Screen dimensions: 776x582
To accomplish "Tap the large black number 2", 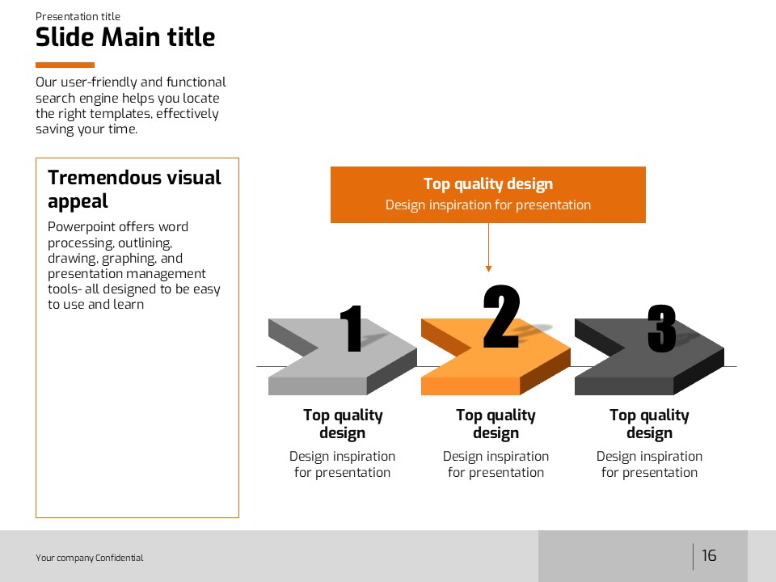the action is tap(501, 316).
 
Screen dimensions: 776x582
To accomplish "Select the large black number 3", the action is tap(662, 329).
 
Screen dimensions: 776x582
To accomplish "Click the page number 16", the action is tap(709, 555).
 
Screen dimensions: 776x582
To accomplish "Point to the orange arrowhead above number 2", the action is tap(488, 268).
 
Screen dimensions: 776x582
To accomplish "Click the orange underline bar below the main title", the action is tap(65, 65).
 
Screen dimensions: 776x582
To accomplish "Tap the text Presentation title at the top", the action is tap(78, 16).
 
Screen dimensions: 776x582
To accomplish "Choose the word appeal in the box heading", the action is tap(78, 202).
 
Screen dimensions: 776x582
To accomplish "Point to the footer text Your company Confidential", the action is tap(90, 558).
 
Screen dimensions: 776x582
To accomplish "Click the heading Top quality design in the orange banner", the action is tap(488, 184).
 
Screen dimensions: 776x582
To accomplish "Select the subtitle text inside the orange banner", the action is tap(488, 205).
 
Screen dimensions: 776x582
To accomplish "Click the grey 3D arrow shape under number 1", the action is tap(343, 356).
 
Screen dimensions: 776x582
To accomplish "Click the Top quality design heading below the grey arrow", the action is tap(343, 424).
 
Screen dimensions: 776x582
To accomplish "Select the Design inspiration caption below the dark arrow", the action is tap(649, 464).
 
